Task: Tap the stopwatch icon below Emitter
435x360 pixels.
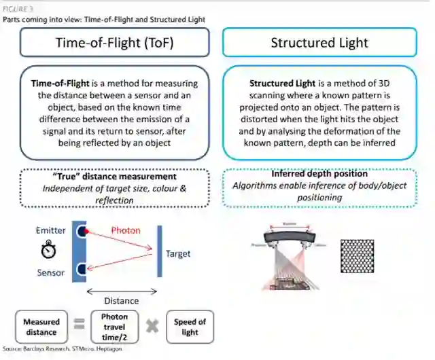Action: coord(49,251)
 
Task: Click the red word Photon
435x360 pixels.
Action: coord(125,230)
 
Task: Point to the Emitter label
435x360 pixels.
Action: coord(51,231)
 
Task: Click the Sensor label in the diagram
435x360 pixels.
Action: coord(51,273)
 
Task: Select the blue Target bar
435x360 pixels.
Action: coord(159,252)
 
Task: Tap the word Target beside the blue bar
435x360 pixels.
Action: coord(178,254)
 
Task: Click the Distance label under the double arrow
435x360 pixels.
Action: coord(121,300)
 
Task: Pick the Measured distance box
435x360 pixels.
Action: coord(41,327)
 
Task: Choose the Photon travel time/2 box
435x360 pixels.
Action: coord(114,327)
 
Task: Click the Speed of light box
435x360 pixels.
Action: coord(190,327)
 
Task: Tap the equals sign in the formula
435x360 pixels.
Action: coord(79,326)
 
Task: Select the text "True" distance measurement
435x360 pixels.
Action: coord(114,177)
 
